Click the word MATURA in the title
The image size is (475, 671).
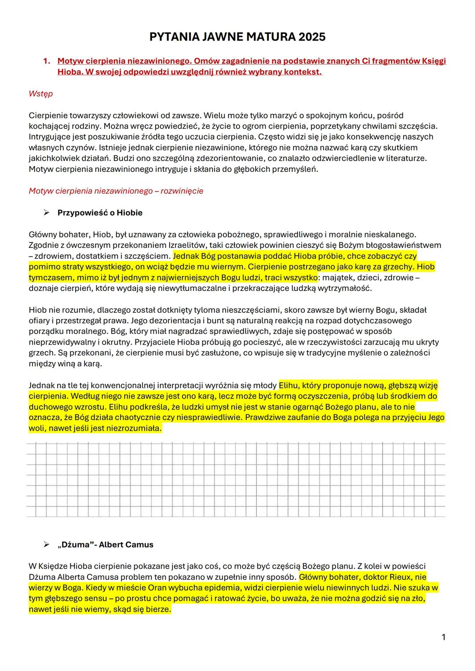tap(271, 37)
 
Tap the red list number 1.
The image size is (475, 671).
tap(46, 61)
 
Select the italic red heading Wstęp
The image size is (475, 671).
tap(40, 94)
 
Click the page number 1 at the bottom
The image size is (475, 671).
tap(443, 637)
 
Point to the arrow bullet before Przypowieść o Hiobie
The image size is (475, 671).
tap(46, 213)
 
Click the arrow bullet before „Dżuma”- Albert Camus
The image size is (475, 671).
tap(46, 544)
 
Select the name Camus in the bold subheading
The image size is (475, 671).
tap(139, 544)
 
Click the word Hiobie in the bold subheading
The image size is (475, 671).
tap(130, 213)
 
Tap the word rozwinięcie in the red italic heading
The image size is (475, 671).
tap(182, 191)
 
